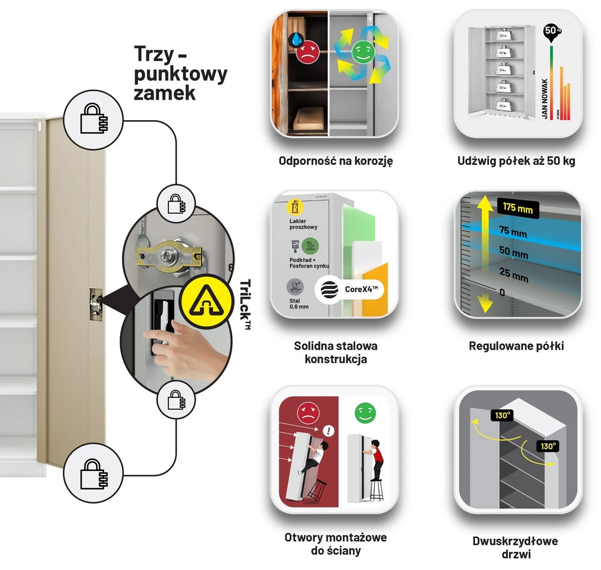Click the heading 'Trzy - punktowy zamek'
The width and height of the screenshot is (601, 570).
click(180, 73)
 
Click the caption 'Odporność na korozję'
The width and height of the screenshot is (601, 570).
click(336, 160)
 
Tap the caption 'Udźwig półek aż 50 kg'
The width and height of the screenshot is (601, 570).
click(517, 161)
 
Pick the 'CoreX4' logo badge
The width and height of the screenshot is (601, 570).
click(348, 289)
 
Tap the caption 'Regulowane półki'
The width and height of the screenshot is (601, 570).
click(516, 346)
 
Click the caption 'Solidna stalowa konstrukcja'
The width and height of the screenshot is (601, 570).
click(335, 352)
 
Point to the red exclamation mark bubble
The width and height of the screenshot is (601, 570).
click(329, 432)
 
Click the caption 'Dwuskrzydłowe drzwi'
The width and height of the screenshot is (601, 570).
click(515, 547)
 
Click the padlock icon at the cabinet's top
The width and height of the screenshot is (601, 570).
click(94, 120)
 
